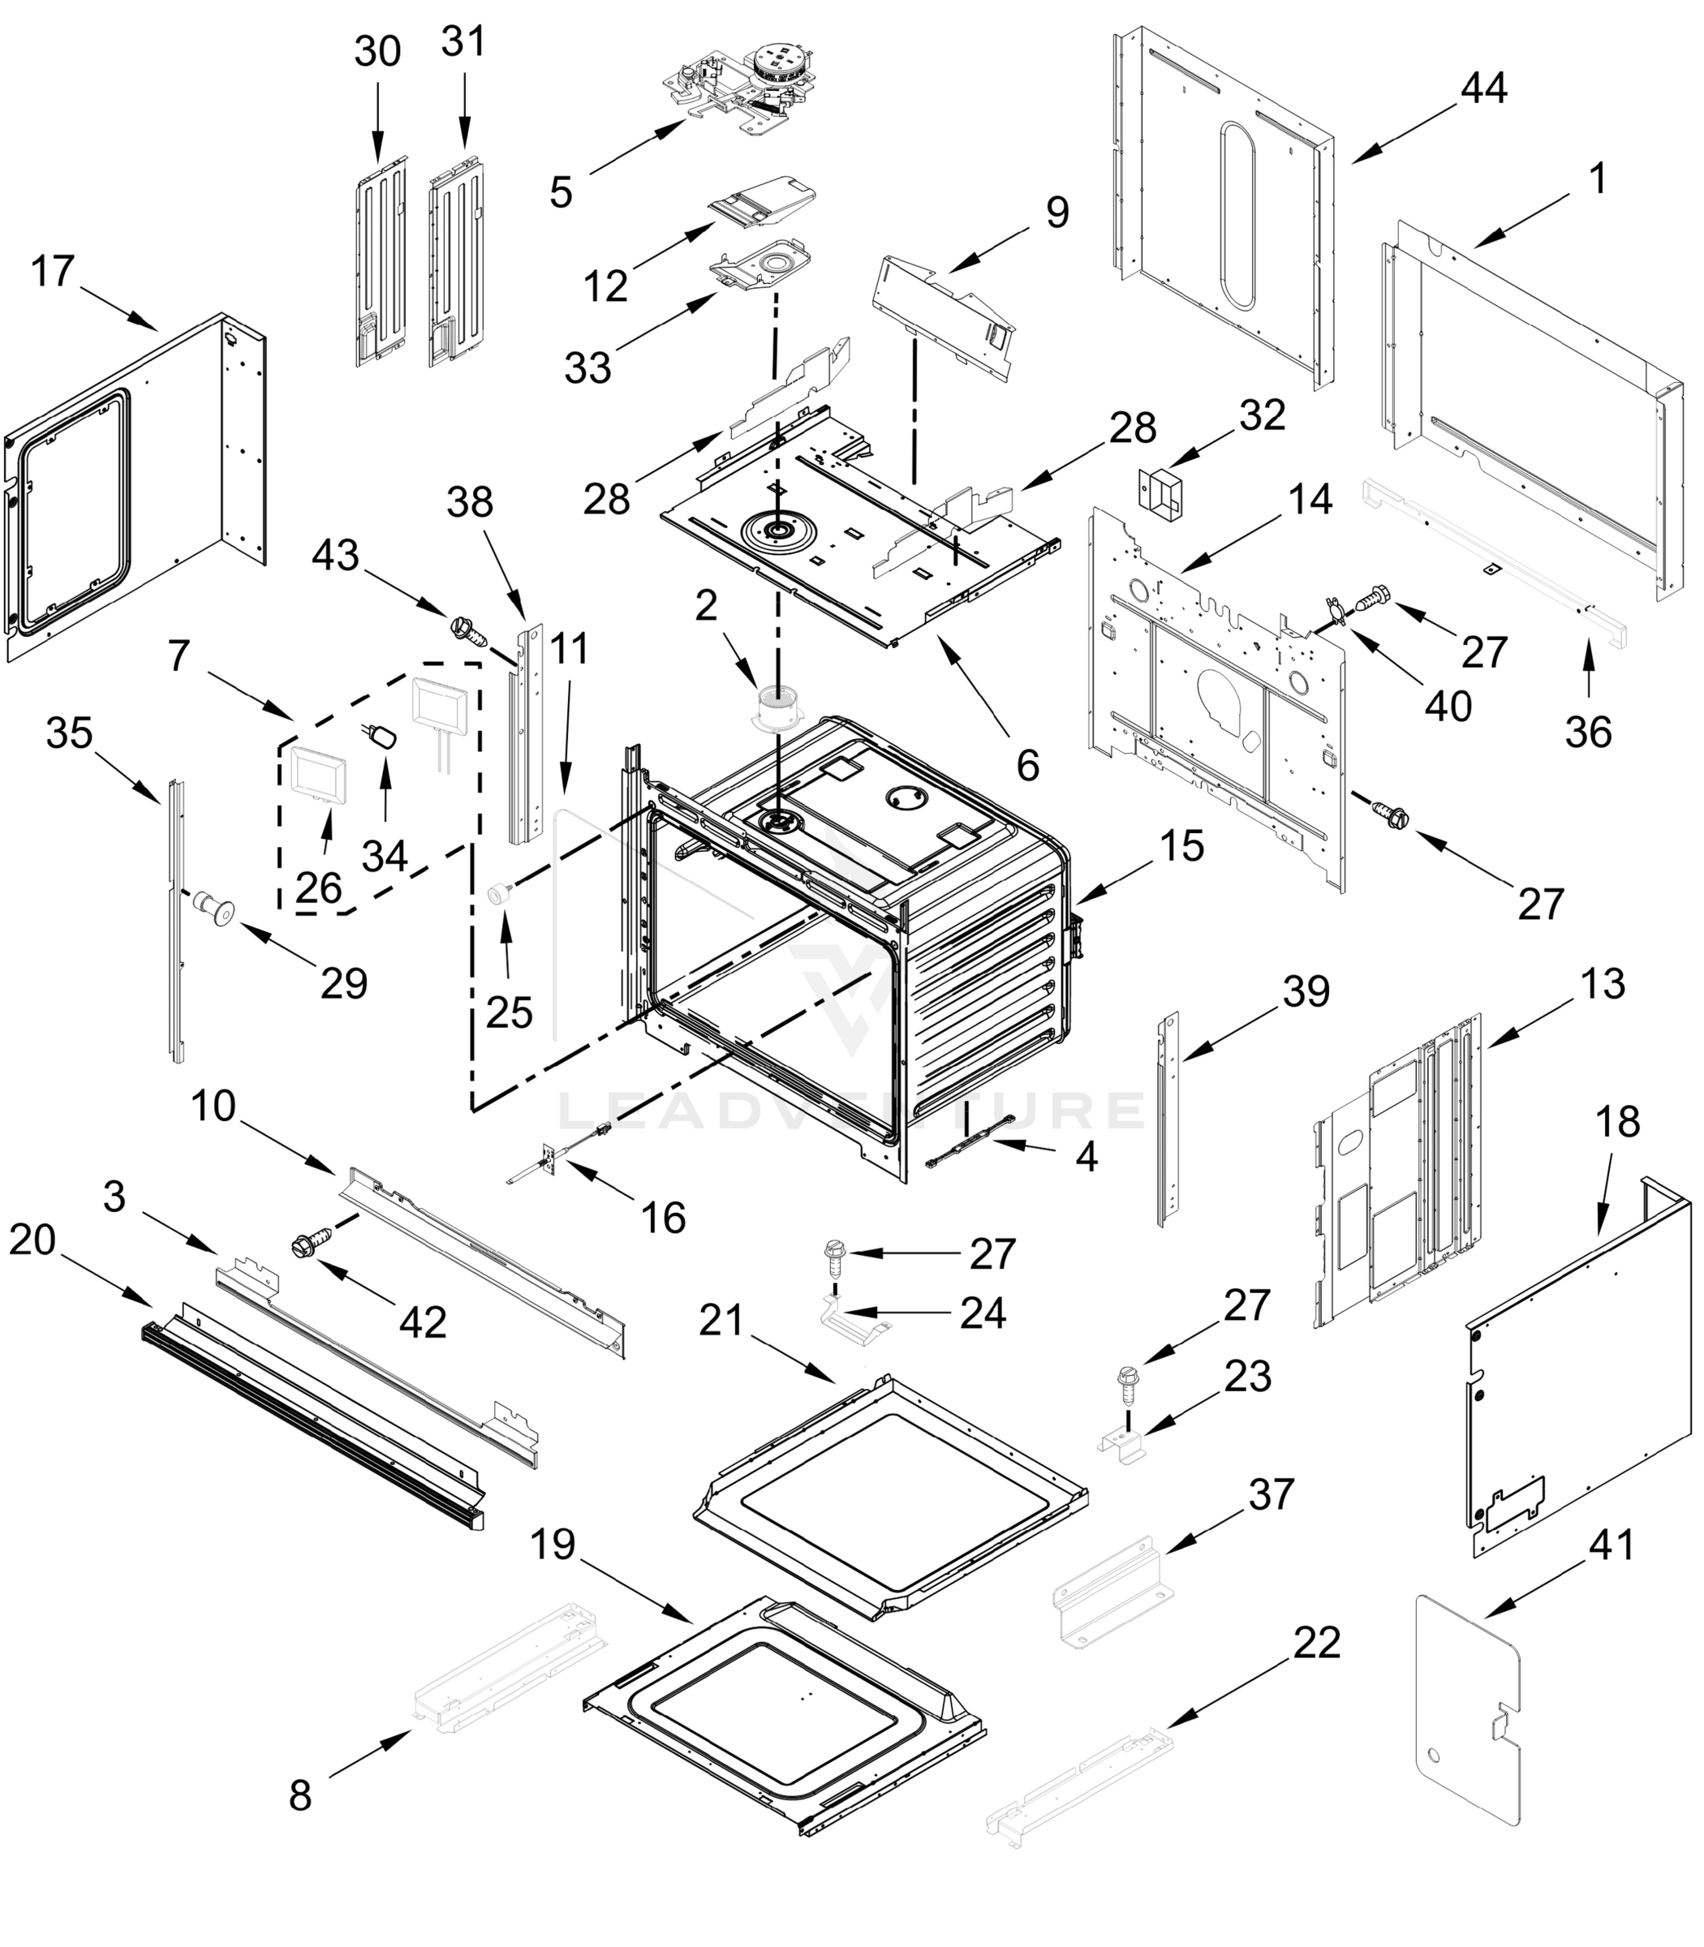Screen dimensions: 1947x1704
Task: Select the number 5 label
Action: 561,193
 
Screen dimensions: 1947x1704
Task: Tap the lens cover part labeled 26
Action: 317,772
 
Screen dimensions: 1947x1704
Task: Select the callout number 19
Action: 553,1545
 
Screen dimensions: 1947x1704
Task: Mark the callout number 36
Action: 1588,732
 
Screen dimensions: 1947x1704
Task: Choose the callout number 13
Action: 1603,984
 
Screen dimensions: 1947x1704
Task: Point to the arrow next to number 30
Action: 377,118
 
